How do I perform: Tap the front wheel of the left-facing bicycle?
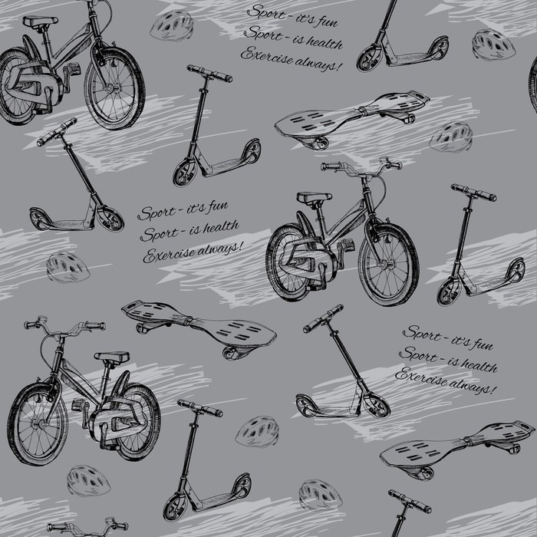click(38, 424)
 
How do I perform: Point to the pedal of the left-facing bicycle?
click(77, 404)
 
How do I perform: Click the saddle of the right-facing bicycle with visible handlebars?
click(314, 198)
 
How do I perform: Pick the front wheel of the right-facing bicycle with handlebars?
click(389, 265)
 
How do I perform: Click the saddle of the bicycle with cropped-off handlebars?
click(41, 21)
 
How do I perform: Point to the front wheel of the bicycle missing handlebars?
click(115, 88)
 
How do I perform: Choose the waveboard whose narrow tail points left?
click(199, 330)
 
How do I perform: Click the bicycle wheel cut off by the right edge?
click(533, 84)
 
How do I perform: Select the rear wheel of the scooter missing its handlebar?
click(438, 48)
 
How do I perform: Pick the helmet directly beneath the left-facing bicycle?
click(88, 480)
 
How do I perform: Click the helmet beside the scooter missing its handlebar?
click(493, 44)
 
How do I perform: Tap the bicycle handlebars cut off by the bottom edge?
click(87, 528)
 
